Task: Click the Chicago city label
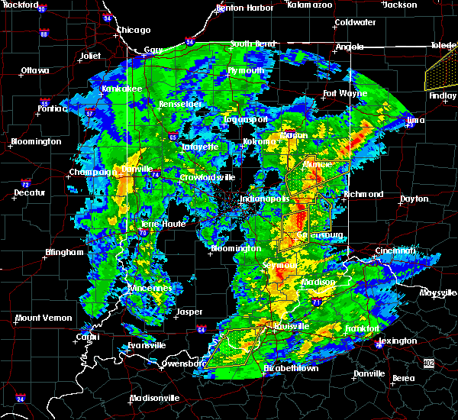pyautogui.click(x=134, y=31)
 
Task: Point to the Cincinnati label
pyautogui.click(x=396, y=250)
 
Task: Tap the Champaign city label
pyautogui.click(x=90, y=173)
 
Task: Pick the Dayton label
pyautogui.click(x=414, y=199)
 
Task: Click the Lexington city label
pyautogui.click(x=397, y=341)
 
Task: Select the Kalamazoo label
pyautogui.click(x=311, y=5)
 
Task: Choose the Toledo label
pyautogui.click(x=443, y=46)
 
